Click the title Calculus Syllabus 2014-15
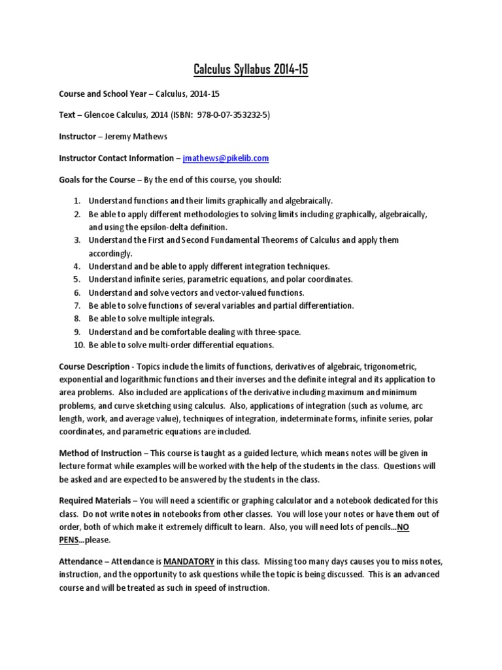pos(251,69)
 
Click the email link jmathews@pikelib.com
pos(226,158)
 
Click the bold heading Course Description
pos(95,366)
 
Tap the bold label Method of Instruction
pos(100,453)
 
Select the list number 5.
pos(76,279)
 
